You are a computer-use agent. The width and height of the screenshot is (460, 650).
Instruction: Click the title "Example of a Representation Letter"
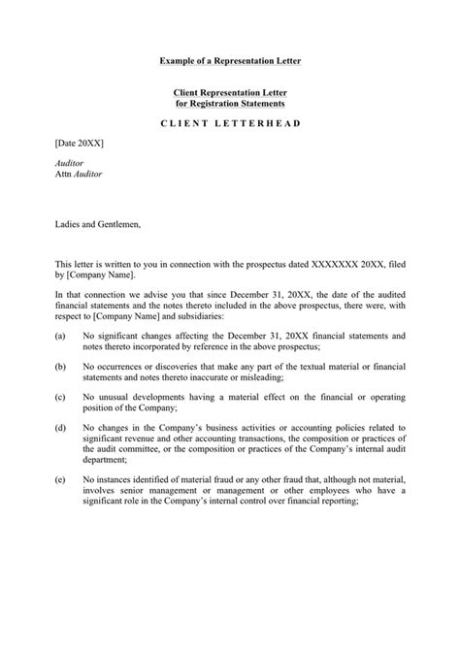coord(230,60)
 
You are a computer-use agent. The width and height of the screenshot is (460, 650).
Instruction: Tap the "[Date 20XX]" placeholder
coord(79,142)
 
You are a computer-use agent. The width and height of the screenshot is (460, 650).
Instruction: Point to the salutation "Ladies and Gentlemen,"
coord(98,224)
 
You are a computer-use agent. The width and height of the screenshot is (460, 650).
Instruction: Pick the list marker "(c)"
coord(61,398)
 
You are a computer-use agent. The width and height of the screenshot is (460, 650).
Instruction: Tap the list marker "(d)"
coord(61,429)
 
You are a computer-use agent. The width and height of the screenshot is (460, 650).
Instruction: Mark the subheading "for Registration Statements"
coord(230,102)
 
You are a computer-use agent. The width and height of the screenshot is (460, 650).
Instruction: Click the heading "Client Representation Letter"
coord(230,91)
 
